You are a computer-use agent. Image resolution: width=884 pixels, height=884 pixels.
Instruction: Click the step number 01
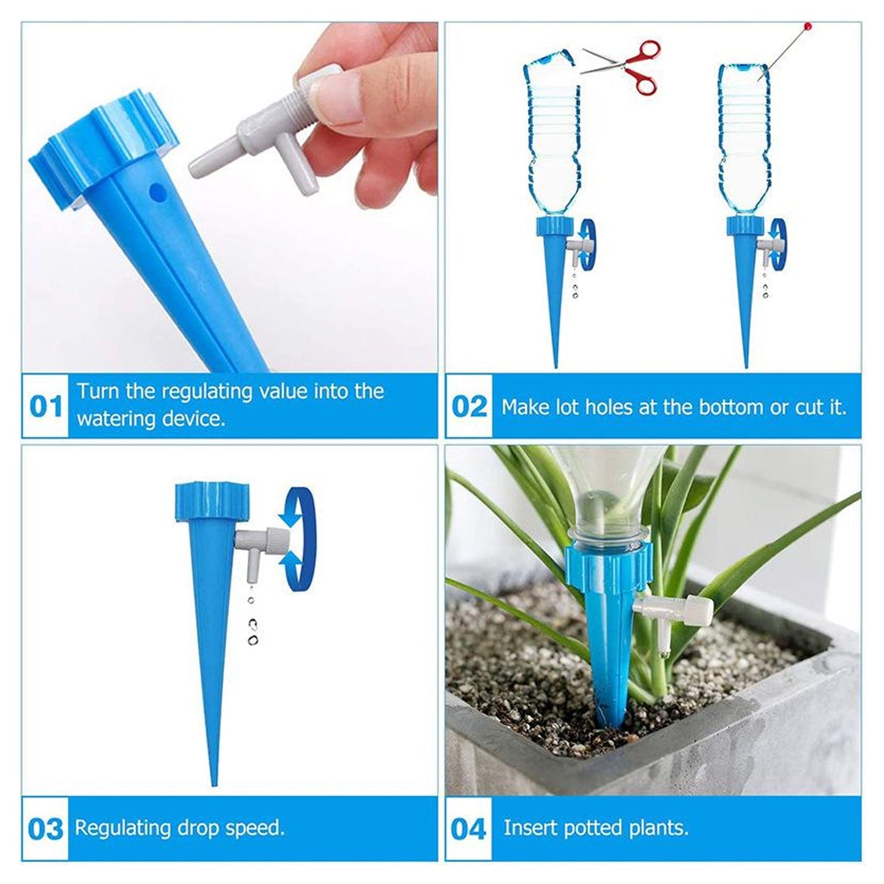[x=46, y=407]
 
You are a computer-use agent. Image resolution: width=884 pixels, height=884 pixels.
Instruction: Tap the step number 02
[x=469, y=407]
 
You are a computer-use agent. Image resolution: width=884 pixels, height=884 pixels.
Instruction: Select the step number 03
[x=46, y=830]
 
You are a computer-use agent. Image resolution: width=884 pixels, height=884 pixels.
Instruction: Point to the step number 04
[x=469, y=830]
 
